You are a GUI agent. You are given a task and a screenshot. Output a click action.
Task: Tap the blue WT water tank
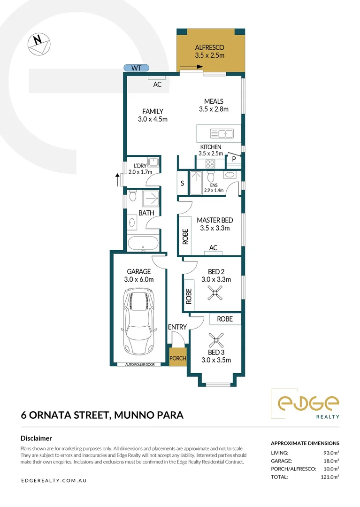[x=136, y=68]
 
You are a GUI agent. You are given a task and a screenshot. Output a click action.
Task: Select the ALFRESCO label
[x=209, y=47]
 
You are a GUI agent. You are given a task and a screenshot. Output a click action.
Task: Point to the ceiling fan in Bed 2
[x=215, y=294]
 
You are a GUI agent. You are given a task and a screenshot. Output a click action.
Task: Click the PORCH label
[x=178, y=358]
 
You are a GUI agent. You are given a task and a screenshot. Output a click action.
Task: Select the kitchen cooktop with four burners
[x=210, y=164]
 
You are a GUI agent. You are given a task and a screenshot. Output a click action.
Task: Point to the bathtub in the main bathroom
[x=143, y=243]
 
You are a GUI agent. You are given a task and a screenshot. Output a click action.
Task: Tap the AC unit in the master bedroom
[x=213, y=248]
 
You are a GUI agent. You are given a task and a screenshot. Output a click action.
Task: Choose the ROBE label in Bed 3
[x=225, y=319]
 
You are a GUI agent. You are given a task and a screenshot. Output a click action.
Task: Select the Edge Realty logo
[x=307, y=404]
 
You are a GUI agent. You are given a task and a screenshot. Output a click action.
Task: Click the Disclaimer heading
[x=36, y=438]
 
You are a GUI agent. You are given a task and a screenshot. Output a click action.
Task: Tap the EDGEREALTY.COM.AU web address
[x=54, y=481]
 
